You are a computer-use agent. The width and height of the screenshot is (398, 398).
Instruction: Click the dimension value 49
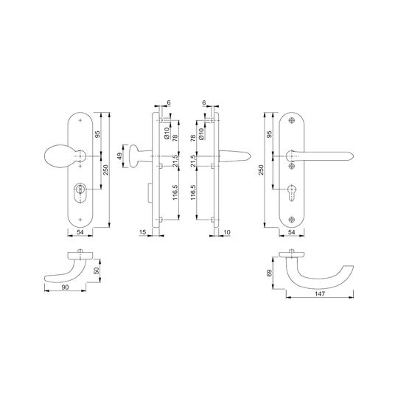click(120, 156)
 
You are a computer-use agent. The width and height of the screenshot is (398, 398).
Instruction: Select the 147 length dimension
click(320, 293)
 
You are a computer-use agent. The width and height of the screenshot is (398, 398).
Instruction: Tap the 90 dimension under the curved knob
click(65, 287)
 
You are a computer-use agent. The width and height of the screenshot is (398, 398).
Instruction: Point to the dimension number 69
click(270, 273)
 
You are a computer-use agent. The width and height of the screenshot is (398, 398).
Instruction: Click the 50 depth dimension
click(97, 270)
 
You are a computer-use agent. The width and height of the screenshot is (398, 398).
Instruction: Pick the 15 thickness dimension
click(143, 232)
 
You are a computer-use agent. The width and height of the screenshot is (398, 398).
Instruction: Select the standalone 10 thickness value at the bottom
click(227, 232)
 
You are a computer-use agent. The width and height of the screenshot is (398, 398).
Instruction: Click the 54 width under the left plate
click(80, 232)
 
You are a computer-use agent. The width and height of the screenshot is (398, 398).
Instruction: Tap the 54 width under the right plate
click(292, 232)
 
